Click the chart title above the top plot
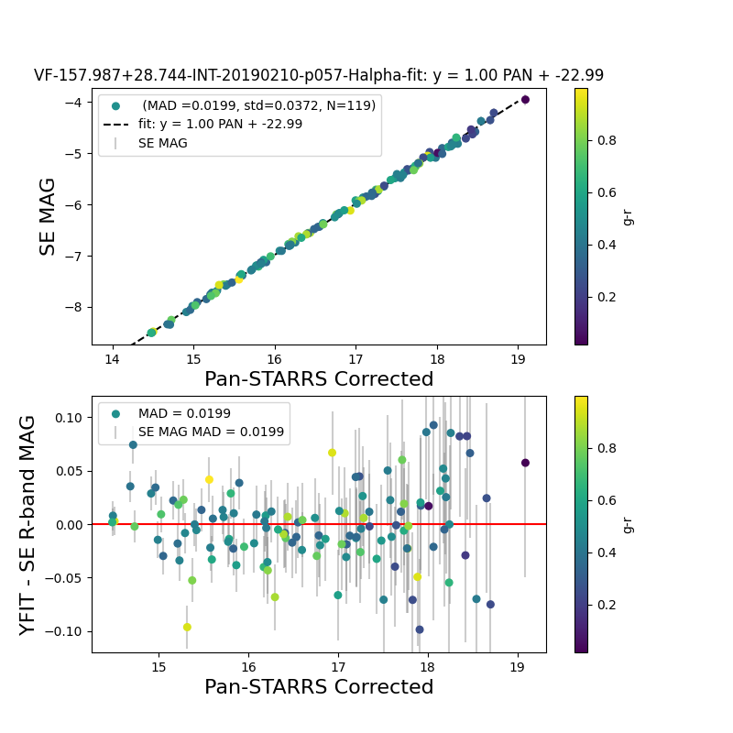319,76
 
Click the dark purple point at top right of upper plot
525,99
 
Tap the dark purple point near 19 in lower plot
525,463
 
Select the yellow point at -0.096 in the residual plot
187,628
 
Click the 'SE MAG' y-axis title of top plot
48,216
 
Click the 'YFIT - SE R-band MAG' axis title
28,525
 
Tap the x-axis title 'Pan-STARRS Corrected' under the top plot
319,379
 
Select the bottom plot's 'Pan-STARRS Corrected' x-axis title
319,687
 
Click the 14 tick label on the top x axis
113,357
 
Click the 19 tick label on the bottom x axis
517,665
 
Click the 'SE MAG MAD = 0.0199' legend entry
211,432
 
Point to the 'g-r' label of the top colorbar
628,216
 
